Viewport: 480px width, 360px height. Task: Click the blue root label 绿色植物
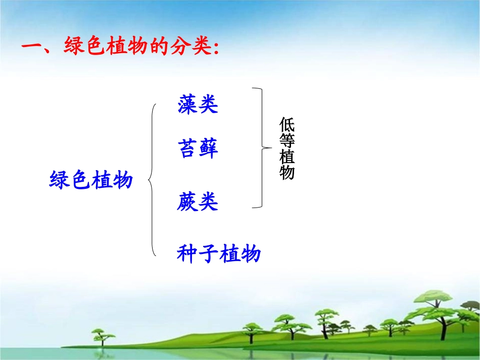point(91,180)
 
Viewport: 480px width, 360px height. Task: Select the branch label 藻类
point(198,104)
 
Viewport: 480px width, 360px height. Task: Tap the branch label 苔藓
point(198,149)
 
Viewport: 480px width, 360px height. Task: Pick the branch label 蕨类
point(198,202)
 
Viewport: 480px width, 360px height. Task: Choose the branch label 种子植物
point(218,253)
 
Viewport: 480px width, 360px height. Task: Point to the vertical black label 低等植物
point(286,149)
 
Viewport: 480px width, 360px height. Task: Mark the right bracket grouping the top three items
point(262,147)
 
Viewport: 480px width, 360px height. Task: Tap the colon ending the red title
point(216,49)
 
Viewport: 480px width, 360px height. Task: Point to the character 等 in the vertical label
point(286,141)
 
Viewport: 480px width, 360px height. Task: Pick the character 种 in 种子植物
point(187,253)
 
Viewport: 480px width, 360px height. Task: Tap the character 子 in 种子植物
point(208,253)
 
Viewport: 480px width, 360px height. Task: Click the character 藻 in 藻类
point(187,104)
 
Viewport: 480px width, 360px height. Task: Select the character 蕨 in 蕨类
point(187,202)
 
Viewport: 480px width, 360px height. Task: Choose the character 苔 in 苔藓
point(187,149)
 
